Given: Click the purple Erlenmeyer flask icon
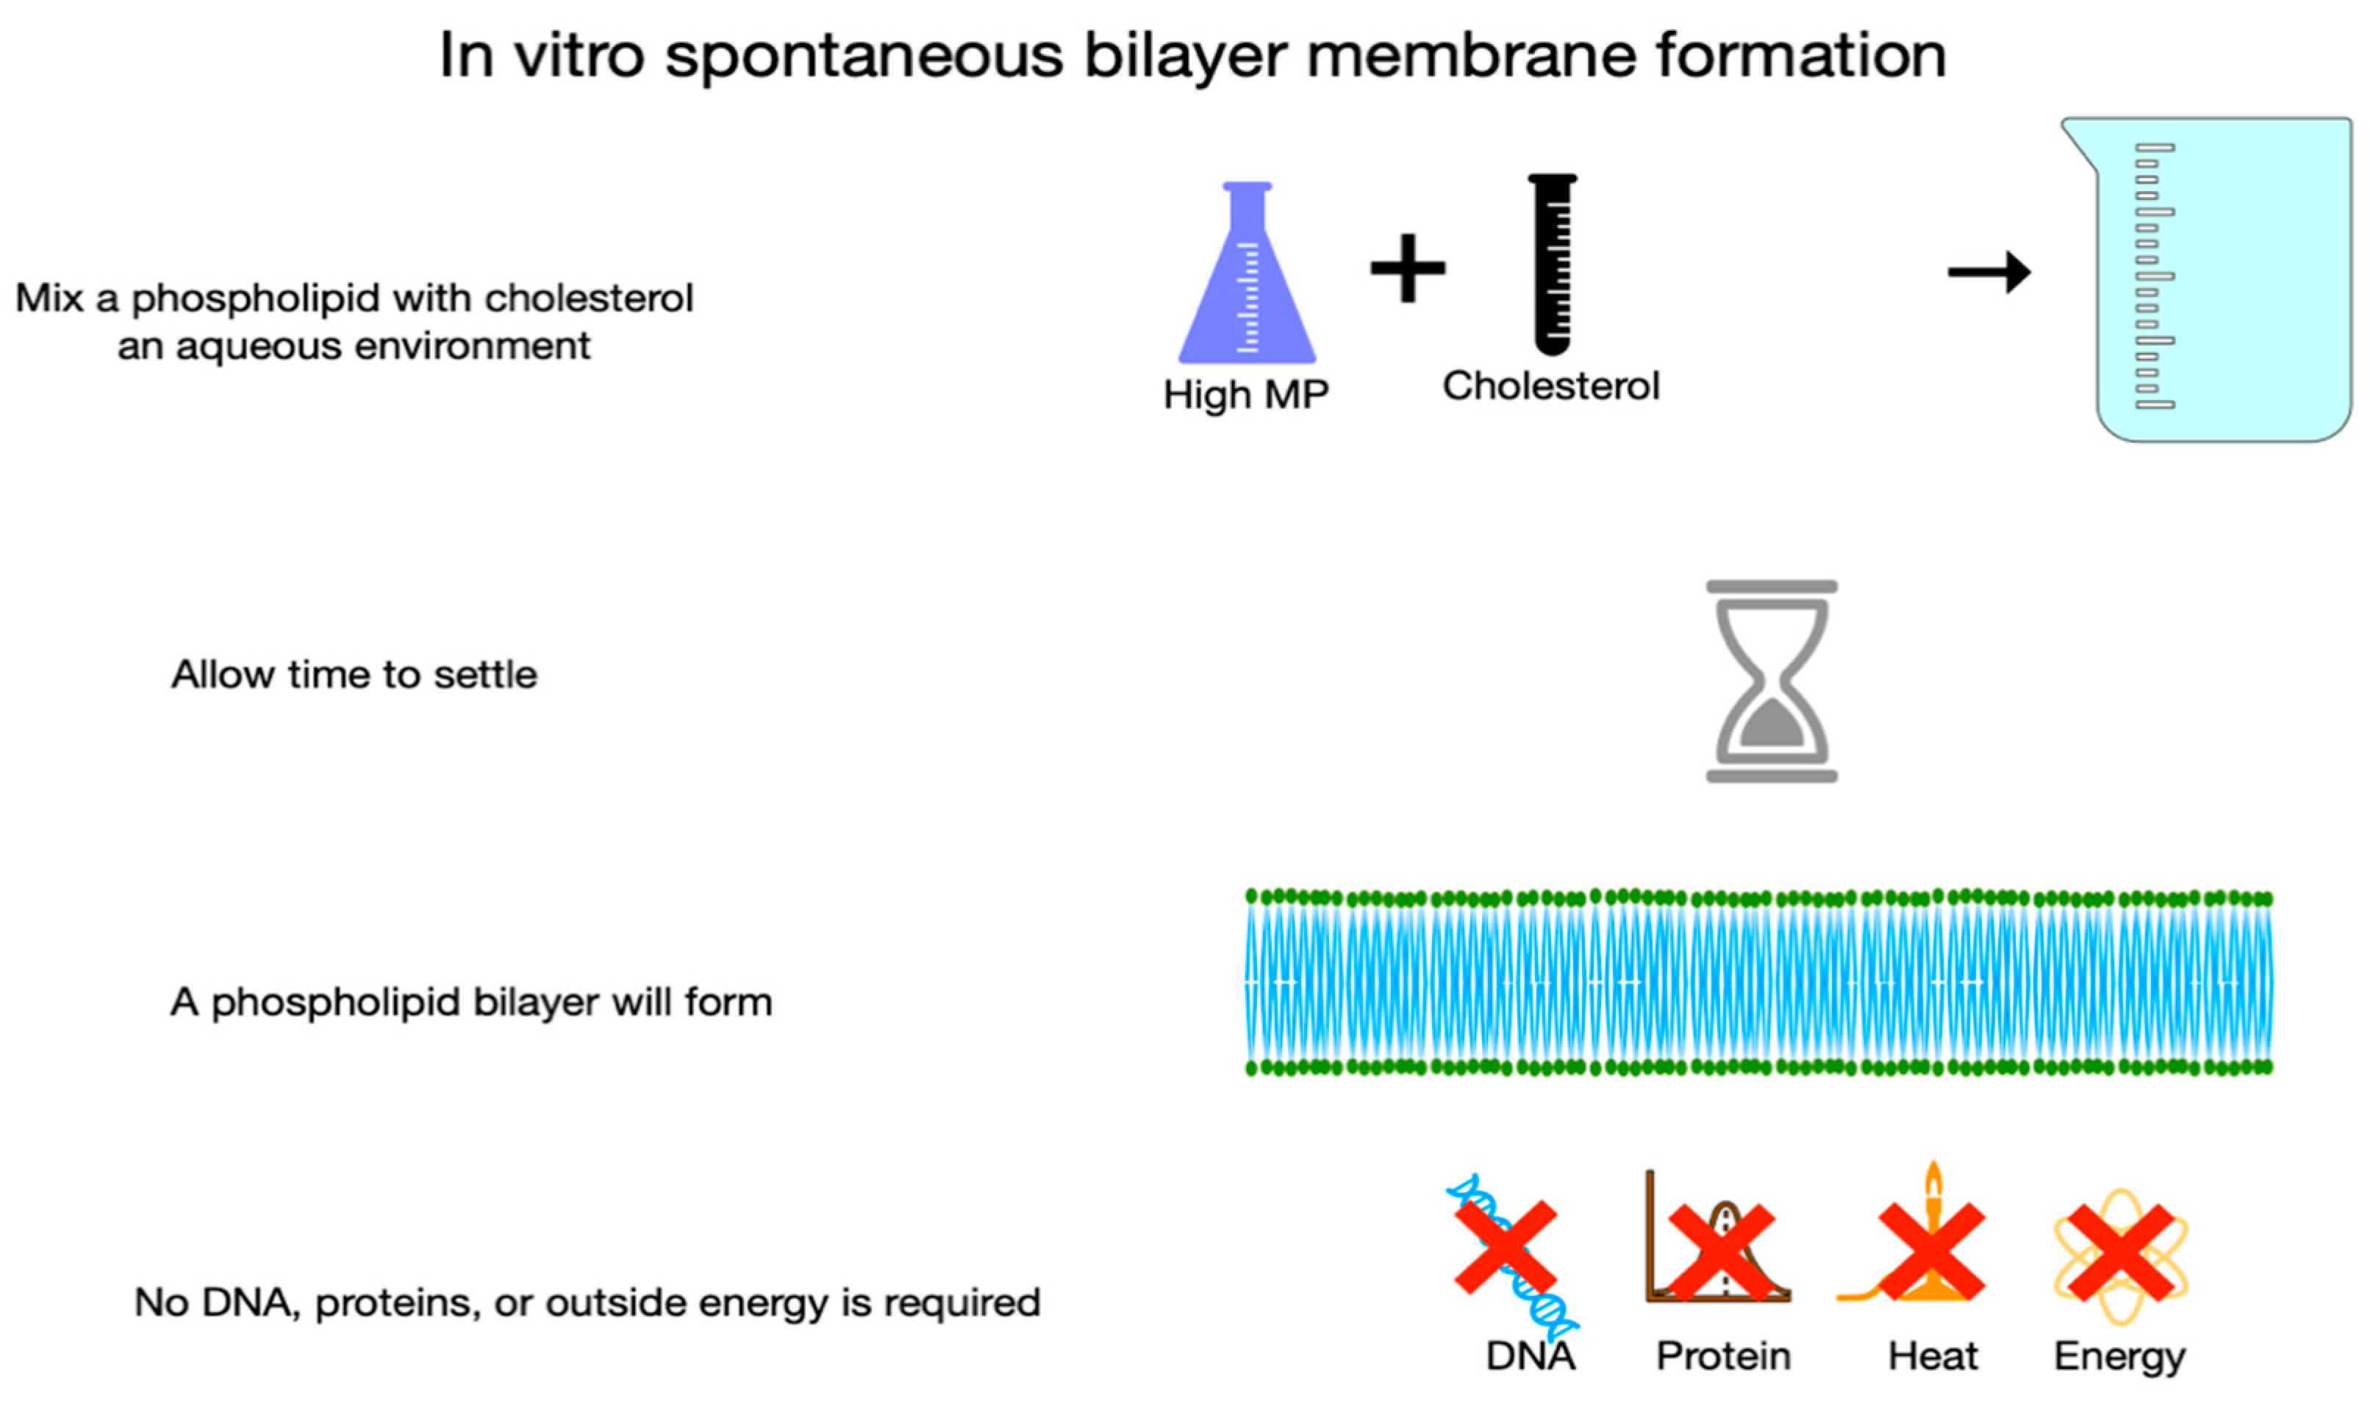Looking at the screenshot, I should (x=1247, y=283).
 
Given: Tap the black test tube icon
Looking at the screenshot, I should (x=1552, y=265).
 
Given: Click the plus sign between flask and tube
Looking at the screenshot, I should (x=1407, y=268).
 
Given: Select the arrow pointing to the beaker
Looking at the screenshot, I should (x=1988, y=272).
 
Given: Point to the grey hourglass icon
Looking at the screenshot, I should (x=1771, y=681).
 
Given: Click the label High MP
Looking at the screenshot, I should (x=1245, y=395).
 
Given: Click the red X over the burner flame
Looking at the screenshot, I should (x=1931, y=1252).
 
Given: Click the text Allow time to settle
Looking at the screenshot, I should (x=354, y=675).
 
